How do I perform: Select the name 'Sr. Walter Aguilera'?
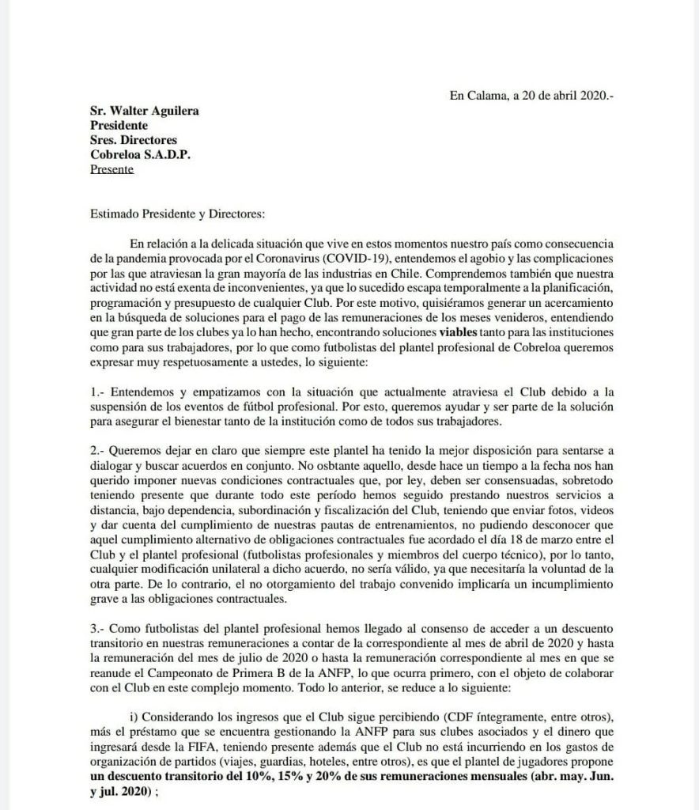(x=145, y=111)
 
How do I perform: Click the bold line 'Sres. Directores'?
(x=133, y=140)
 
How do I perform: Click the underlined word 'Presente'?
(x=112, y=168)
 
